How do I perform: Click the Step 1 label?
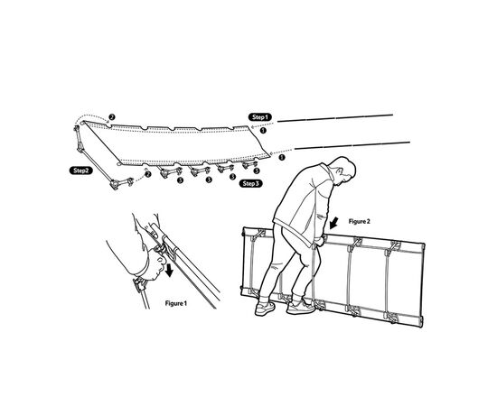click(260, 117)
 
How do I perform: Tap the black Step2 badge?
click(80, 171)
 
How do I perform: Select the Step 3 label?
click(250, 183)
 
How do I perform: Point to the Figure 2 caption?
click(359, 222)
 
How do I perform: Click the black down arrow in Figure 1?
click(170, 271)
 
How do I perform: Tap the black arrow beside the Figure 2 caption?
click(333, 223)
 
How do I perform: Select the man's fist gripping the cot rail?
click(319, 241)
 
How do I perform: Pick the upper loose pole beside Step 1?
click(335, 118)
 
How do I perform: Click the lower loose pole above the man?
click(352, 145)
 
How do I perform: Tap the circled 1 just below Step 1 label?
click(263, 130)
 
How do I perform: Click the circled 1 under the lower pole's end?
click(281, 157)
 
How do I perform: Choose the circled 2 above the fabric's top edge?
click(111, 117)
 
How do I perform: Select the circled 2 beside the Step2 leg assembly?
click(147, 174)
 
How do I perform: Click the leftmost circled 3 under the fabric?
click(180, 180)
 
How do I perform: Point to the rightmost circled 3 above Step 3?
click(257, 171)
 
